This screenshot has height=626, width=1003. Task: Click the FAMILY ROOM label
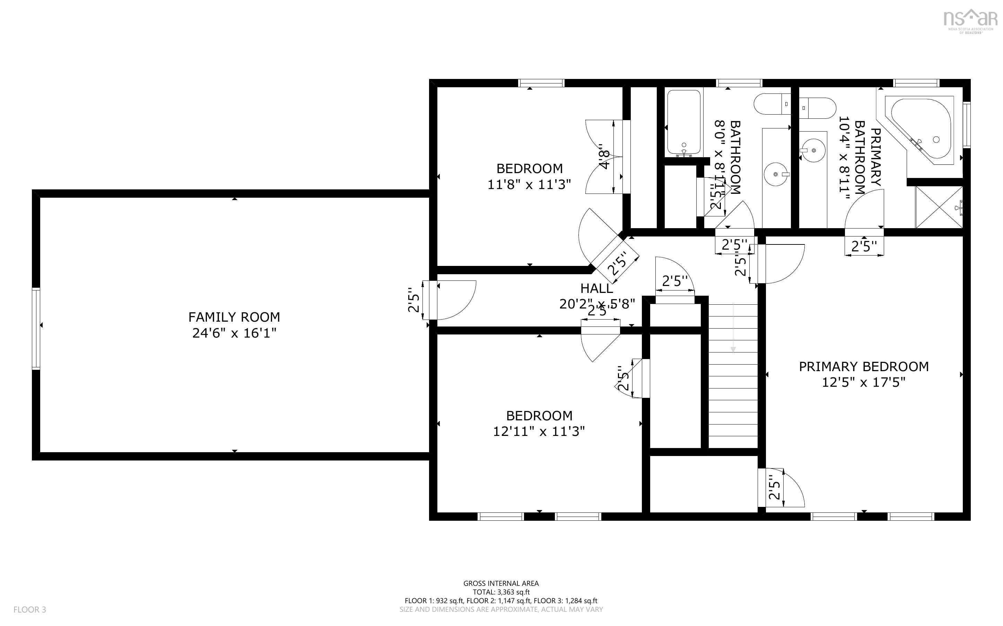pyautogui.click(x=234, y=317)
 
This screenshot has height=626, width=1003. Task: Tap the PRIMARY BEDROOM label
pyautogui.click(x=863, y=366)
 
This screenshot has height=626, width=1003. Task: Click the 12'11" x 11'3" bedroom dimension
pyautogui.click(x=539, y=431)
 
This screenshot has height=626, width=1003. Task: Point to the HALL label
pyautogui.click(x=596, y=288)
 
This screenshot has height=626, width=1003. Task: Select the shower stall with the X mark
pyautogui.click(x=939, y=207)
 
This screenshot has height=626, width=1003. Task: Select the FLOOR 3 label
pyautogui.click(x=30, y=609)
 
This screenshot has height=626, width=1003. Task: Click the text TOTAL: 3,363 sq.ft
pyautogui.click(x=501, y=592)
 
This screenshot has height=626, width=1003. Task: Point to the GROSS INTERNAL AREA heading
pyautogui.click(x=501, y=583)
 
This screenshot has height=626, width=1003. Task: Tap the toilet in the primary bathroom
pyautogui.click(x=814, y=108)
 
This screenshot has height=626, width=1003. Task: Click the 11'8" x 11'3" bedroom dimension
pyautogui.click(x=529, y=184)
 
